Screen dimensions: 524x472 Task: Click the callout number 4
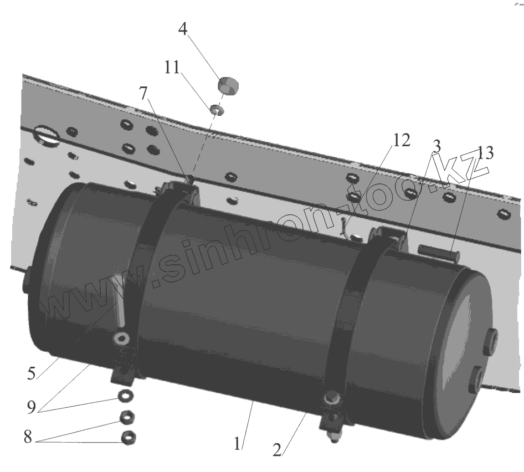pyautogui.click(x=182, y=29)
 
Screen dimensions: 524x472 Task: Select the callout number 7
pyautogui.click(x=143, y=94)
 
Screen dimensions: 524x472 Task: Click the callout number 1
pyautogui.click(x=238, y=443)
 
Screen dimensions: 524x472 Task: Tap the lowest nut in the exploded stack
pyautogui.click(x=129, y=437)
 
